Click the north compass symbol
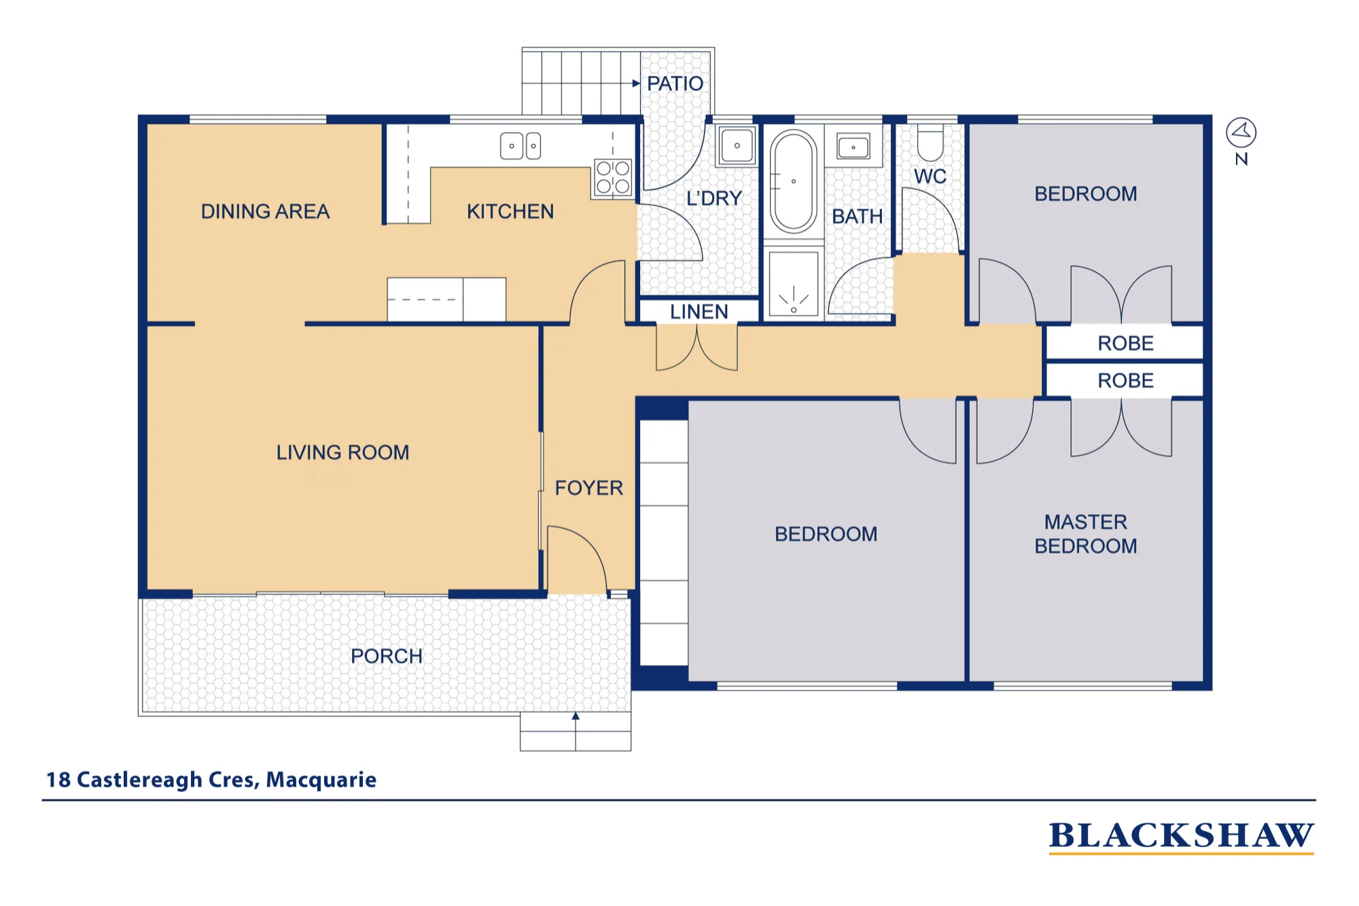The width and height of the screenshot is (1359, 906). coord(1241,132)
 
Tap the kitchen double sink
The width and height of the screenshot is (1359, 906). coord(520,146)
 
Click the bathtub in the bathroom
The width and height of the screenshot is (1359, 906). coord(794,181)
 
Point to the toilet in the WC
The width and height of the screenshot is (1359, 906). coord(930,142)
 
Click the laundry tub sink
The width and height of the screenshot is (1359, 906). coord(737,145)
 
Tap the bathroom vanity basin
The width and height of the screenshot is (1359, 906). coord(853,147)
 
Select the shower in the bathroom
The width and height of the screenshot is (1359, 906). coord(793,284)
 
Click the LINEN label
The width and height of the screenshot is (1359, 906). coord(699,312)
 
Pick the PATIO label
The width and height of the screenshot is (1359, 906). coord(675,84)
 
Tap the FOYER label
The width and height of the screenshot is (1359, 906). coord(588,488)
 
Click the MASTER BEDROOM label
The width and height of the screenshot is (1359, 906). coord(1086,534)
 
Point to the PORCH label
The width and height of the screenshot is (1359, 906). coord(386,656)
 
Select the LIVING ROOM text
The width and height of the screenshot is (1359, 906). coord(342,452)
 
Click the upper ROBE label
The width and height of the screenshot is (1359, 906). coord(1125,343)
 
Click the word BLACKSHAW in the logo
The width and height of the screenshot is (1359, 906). coord(1182,835)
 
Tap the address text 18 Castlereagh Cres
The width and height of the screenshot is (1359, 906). coord(153,780)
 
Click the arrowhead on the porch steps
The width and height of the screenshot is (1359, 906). coord(576,716)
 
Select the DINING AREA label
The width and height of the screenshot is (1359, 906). coord(265,211)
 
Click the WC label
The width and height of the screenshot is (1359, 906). coord(930,177)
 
